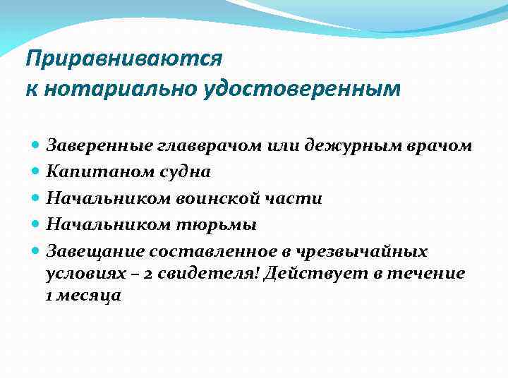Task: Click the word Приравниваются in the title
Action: [x=123, y=58]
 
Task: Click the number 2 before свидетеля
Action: [x=149, y=274]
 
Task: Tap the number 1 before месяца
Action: [x=49, y=296]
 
